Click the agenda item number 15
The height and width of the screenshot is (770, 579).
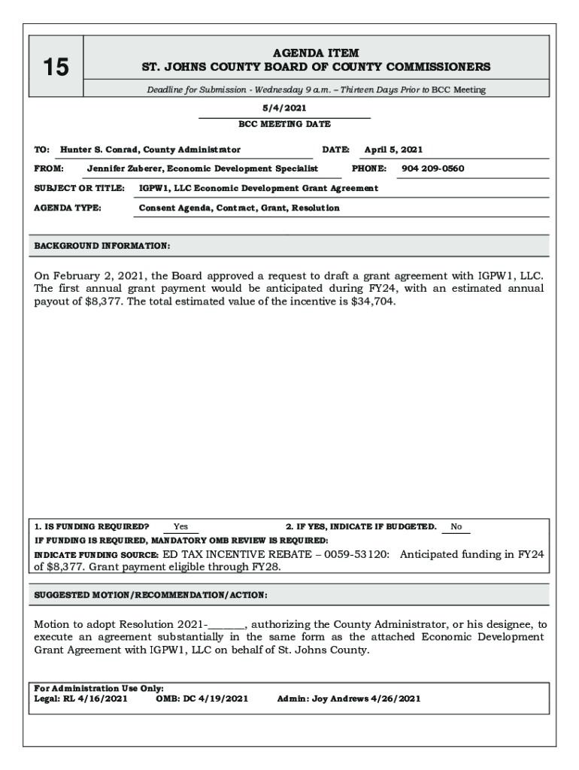click(x=55, y=68)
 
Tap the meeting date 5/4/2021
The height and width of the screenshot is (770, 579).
click(x=285, y=108)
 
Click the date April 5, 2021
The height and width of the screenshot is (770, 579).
click(x=393, y=150)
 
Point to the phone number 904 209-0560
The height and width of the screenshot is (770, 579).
click(x=433, y=168)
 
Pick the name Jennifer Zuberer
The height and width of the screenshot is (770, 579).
click(x=126, y=168)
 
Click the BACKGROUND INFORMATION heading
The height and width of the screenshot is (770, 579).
click(x=102, y=246)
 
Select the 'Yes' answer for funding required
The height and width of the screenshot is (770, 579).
click(x=181, y=526)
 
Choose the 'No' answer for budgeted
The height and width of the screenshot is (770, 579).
click(x=456, y=526)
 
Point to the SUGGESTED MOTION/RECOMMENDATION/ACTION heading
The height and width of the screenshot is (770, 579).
click(x=151, y=595)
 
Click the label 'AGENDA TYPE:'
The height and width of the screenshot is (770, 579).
click(x=68, y=208)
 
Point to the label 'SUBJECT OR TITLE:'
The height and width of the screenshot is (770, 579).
click(x=79, y=188)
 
